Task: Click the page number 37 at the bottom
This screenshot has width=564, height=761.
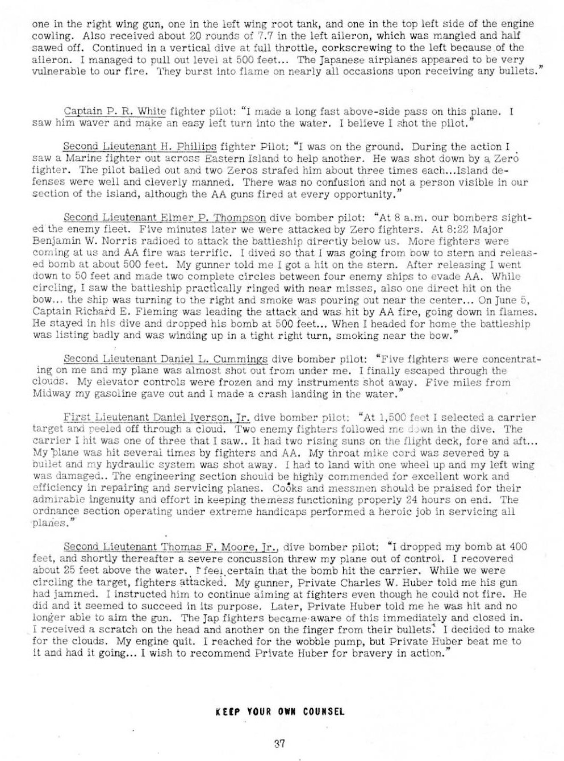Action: point(278,741)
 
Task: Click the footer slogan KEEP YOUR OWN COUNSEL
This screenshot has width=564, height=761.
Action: point(281,711)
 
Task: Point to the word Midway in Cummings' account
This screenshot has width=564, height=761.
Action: point(49,394)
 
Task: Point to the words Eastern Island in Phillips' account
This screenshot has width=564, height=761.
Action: point(219,159)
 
